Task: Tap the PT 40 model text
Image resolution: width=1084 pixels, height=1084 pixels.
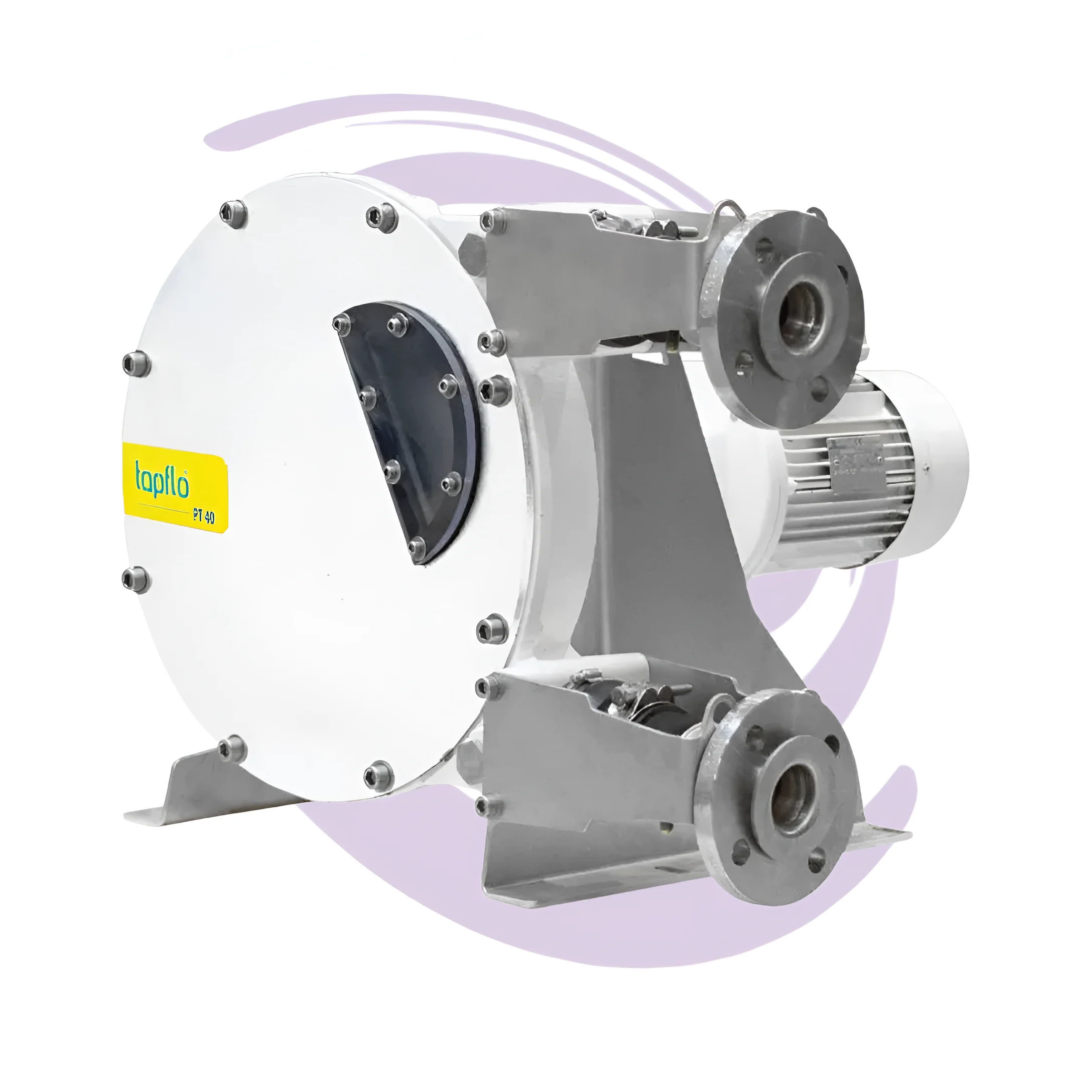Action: click(x=203, y=517)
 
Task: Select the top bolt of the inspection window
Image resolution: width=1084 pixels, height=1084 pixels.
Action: click(x=398, y=322)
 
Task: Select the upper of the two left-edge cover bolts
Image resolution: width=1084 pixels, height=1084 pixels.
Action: click(x=137, y=363)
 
